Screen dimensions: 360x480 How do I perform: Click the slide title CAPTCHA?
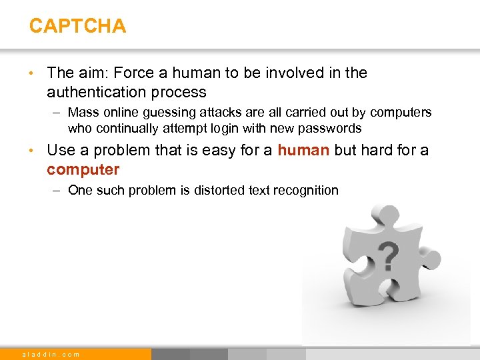pos(77,26)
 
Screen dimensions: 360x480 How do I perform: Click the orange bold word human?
pos(303,151)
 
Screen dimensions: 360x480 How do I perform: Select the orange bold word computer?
pos(83,169)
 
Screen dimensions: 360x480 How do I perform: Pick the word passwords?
pos(326,128)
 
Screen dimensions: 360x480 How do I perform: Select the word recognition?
pos(306,190)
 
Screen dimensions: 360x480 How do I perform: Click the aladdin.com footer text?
pos(51,354)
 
